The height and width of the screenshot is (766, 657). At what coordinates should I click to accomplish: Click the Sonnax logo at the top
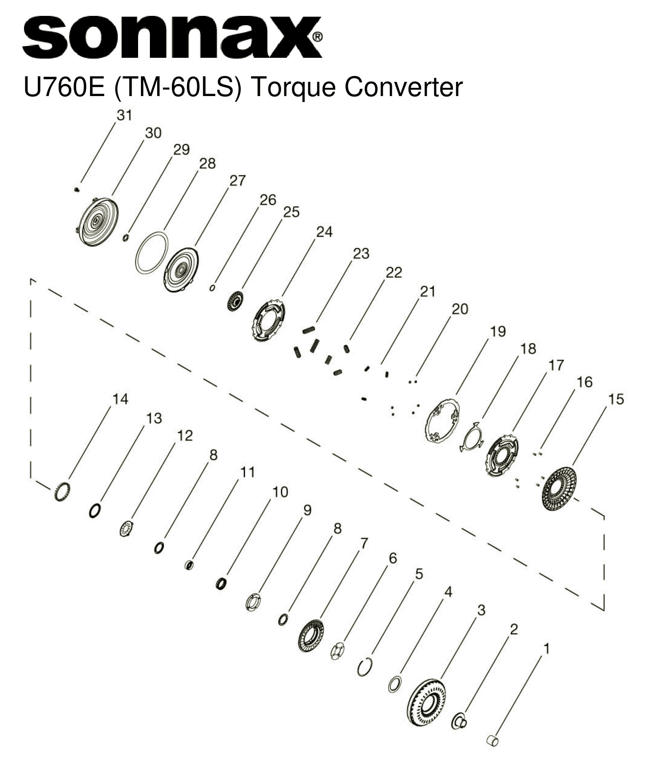point(171,37)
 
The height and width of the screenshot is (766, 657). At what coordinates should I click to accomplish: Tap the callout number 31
point(124,115)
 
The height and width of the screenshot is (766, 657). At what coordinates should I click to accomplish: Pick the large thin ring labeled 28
point(152,252)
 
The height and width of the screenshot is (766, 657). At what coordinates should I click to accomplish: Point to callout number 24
point(324,232)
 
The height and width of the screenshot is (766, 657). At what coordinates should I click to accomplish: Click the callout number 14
point(120,399)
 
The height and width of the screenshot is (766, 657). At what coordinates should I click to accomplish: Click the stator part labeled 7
point(311,636)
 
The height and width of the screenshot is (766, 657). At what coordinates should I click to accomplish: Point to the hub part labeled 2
point(459,722)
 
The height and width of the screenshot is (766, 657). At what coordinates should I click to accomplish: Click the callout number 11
point(247,472)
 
